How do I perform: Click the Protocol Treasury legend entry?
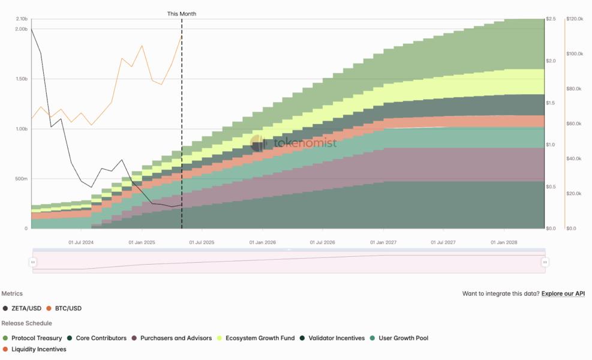[x=36, y=338]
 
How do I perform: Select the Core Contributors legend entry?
[x=101, y=338]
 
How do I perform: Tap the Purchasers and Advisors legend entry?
[x=176, y=338]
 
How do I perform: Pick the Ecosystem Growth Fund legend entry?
[x=260, y=338]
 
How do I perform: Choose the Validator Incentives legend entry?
[x=336, y=338]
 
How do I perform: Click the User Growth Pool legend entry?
[x=403, y=338]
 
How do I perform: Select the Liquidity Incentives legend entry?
[x=38, y=349]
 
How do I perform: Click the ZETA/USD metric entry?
[x=26, y=308]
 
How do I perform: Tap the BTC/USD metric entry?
[x=68, y=308]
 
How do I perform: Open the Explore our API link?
[x=563, y=294]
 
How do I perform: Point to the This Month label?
[x=181, y=14]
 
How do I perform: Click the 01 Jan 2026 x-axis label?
[x=262, y=243]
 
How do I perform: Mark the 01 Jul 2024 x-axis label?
[x=81, y=243]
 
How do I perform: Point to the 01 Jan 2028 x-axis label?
[x=503, y=243]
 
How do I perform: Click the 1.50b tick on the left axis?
[x=20, y=79]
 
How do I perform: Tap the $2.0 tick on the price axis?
[x=550, y=61]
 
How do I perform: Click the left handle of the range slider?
[x=33, y=262]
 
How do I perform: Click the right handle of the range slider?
[x=545, y=262]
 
